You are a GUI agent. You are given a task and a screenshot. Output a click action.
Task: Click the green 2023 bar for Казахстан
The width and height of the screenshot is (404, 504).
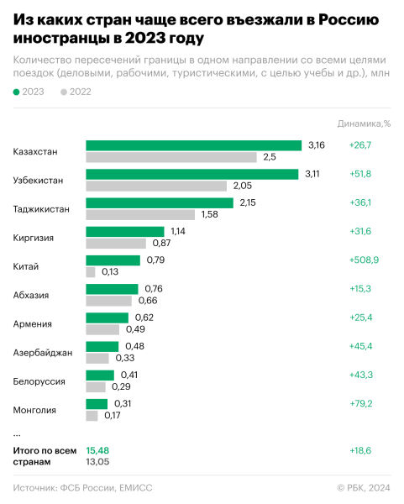[x=193, y=145]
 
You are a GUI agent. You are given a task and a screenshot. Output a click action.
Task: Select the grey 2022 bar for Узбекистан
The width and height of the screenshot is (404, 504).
[x=156, y=186]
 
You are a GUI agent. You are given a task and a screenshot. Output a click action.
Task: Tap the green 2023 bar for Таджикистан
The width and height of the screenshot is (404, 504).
[x=160, y=202]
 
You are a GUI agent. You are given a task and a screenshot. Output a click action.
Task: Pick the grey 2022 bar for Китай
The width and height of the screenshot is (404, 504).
[x=91, y=271]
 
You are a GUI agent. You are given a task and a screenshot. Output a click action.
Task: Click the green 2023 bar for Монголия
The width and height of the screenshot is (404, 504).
[x=97, y=403]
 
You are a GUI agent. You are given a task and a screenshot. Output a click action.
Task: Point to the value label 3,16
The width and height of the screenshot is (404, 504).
[x=316, y=145]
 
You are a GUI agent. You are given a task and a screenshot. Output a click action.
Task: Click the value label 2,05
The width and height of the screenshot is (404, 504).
[x=242, y=186]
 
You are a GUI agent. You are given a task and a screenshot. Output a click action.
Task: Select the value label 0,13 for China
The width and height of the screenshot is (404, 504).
[x=109, y=271]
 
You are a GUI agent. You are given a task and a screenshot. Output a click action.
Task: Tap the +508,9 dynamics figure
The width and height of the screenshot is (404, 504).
[x=363, y=260]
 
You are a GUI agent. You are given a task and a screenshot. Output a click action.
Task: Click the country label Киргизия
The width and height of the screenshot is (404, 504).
[x=34, y=238]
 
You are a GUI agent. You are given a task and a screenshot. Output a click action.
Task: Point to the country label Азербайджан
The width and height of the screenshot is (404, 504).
[x=42, y=353]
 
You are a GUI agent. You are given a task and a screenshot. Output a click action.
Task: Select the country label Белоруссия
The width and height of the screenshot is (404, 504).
[x=39, y=381]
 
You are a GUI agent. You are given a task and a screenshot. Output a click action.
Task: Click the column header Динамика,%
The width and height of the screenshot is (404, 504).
[x=365, y=123]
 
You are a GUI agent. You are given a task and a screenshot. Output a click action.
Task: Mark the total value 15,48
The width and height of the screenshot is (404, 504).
[x=97, y=451]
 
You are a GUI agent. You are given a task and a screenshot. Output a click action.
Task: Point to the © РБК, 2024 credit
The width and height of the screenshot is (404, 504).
[x=364, y=487]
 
